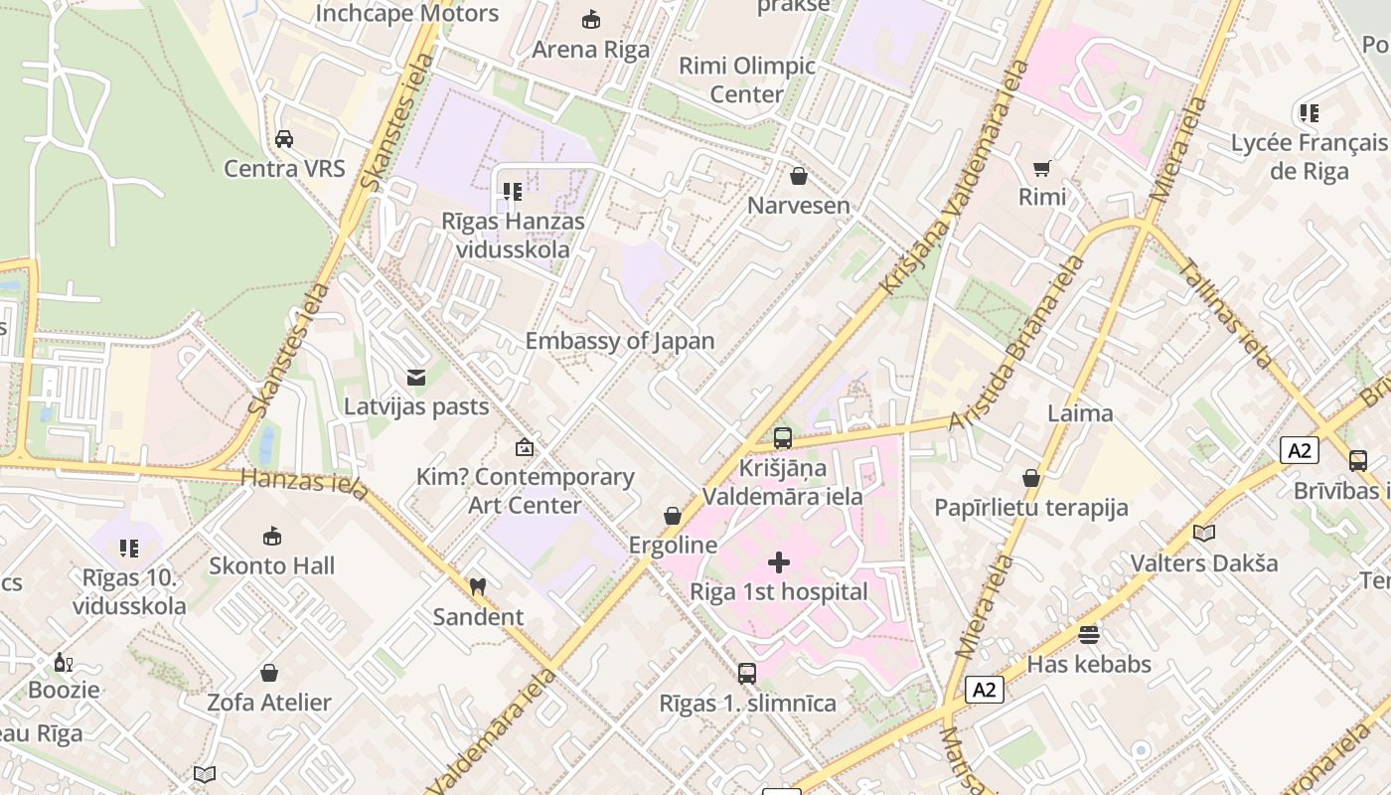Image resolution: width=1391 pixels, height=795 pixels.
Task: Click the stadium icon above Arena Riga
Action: click(591, 19)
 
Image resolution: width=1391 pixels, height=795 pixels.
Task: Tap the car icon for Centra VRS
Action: click(284, 138)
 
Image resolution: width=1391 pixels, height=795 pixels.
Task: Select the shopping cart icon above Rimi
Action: click(1041, 168)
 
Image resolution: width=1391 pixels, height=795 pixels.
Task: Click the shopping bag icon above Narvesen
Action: click(798, 176)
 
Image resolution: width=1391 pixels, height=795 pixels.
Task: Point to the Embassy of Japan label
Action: click(620, 341)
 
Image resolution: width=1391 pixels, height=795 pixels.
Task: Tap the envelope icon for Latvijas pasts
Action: click(416, 378)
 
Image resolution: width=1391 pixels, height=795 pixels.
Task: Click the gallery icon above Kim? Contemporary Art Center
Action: click(524, 447)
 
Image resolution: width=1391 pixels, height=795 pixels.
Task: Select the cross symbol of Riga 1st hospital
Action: click(779, 563)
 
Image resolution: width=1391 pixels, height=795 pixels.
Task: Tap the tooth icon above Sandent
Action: click(477, 587)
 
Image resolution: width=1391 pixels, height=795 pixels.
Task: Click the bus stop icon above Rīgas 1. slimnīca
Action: click(747, 674)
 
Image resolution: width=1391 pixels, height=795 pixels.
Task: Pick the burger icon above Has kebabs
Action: click(1089, 634)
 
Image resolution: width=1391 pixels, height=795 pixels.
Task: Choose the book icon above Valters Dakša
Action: click(1204, 534)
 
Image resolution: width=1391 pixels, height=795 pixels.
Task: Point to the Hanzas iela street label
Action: click(305, 482)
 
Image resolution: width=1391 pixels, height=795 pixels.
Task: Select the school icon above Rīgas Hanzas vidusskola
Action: click(513, 191)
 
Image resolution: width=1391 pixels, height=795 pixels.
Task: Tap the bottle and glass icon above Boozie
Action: click(64, 662)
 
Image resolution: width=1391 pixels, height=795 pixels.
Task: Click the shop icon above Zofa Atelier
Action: click(269, 673)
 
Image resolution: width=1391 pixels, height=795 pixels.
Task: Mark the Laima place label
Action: click(1080, 413)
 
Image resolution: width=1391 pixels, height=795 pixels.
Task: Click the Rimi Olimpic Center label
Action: click(747, 80)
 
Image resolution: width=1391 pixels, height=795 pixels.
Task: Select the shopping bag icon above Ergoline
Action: click(673, 516)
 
